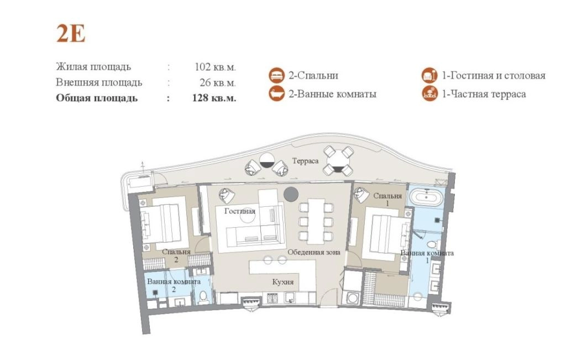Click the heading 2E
pos(71,34)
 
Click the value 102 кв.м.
pos(215,67)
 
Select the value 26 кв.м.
pos(218,83)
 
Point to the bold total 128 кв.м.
pos(214,98)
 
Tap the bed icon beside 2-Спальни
pos(277,75)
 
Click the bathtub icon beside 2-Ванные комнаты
pos(277,93)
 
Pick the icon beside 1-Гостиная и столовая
pos(429,75)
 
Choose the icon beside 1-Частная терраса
pos(429,93)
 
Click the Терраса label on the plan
pos(305,161)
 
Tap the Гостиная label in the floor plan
pos(240,211)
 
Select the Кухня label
pos(283,281)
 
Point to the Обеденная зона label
pos(314,252)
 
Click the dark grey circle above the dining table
pos(291,194)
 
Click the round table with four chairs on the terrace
pos(338,160)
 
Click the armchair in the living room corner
pos(227,196)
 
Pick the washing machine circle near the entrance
pos(352,298)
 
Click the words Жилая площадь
pos(93,67)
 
